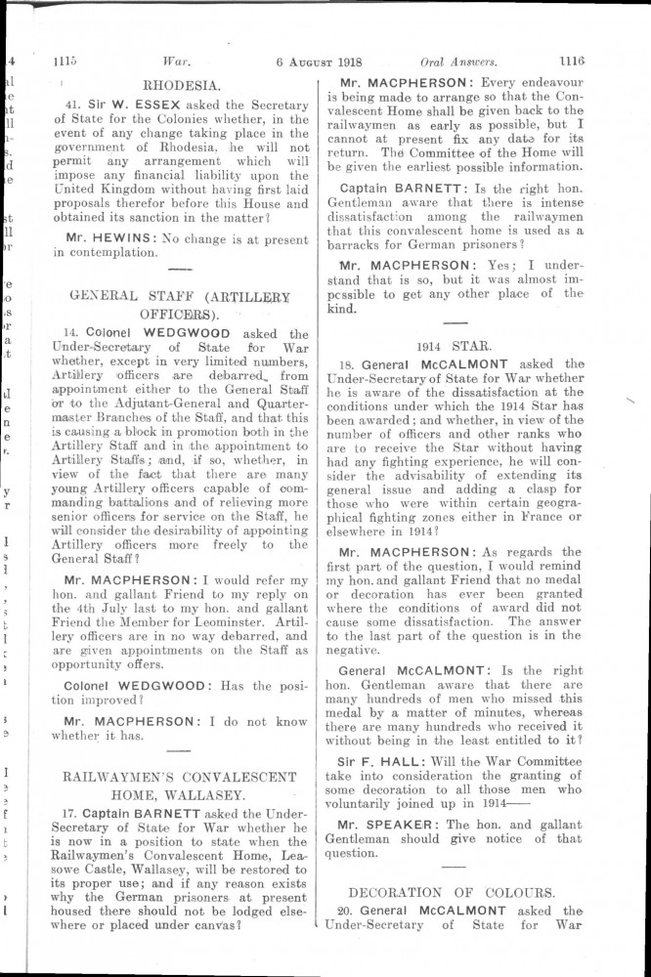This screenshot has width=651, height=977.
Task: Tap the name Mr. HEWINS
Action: [100, 236]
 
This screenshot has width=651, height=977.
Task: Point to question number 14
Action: [71, 332]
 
